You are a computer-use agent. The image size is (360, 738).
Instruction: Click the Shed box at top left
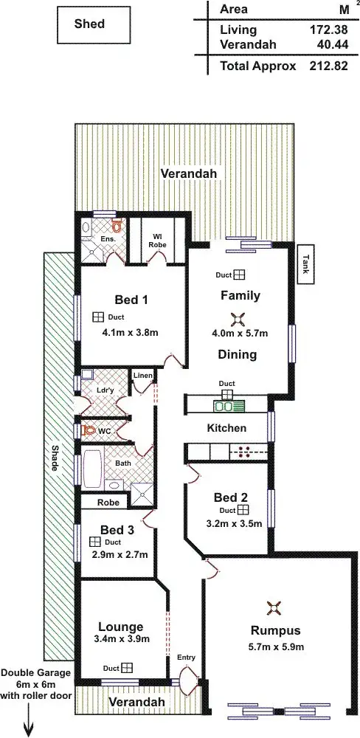pyautogui.click(x=89, y=24)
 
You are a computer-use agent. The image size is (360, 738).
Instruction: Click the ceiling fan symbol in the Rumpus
pyautogui.click(x=274, y=608)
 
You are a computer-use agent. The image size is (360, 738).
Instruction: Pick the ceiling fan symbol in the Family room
pyautogui.click(x=237, y=319)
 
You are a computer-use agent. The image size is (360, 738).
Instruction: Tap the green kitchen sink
pyautogui.click(x=224, y=405)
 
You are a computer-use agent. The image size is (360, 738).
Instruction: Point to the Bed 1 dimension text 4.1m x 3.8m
pyautogui.click(x=131, y=332)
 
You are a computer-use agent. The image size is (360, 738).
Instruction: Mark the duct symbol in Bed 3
pyautogui.click(x=94, y=542)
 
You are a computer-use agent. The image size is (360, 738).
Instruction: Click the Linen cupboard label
pyautogui.click(x=142, y=376)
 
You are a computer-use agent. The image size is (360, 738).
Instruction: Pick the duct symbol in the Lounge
pyautogui.click(x=127, y=668)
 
